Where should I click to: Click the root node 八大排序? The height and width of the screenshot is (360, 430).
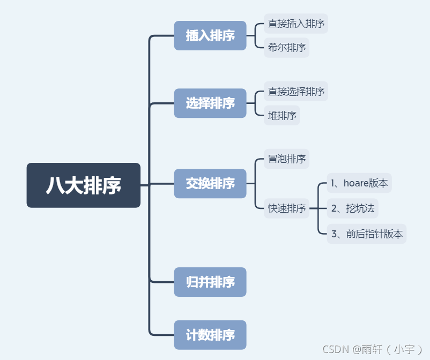point(84,185)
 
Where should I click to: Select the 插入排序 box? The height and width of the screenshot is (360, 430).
point(210,36)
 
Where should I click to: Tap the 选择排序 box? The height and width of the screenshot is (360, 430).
point(210,103)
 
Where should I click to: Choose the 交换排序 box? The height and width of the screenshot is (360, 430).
point(210,184)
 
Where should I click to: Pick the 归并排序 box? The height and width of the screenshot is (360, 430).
point(210,282)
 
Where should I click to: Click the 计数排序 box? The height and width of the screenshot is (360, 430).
point(210,335)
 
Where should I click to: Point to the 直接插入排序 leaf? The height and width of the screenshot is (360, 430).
point(296,24)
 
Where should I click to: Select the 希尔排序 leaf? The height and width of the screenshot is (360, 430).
point(287,48)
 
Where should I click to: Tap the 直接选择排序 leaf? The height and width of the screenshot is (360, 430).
point(296,92)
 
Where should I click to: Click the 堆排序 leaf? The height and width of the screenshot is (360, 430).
point(282,115)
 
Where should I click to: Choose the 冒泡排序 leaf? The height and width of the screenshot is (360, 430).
point(287,159)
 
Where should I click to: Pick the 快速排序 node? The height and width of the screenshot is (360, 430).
point(287,208)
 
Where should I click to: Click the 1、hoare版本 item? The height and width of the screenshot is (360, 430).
point(359,183)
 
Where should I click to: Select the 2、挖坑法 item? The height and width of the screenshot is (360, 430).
point(353,208)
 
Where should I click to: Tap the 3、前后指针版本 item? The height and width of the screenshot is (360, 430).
point(367,234)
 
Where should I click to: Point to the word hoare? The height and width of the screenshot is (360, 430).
point(355,183)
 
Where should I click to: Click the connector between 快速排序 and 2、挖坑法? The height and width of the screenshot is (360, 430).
point(319,208)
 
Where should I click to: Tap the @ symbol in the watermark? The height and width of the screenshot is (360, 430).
point(358,349)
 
